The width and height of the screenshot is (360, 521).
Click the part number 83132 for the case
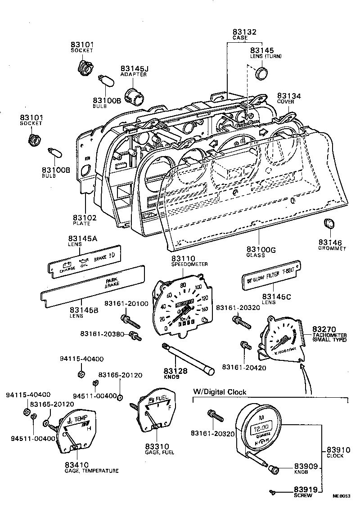click(x=244, y=32)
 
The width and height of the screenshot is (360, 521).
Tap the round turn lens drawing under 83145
click(x=261, y=73)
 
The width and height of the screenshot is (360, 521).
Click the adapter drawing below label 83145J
click(x=133, y=96)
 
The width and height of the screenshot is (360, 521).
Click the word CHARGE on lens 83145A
click(x=68, y=270)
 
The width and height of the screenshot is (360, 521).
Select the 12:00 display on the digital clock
click(x=260, y=427)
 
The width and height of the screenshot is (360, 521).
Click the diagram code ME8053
click(x=341, y=496)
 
